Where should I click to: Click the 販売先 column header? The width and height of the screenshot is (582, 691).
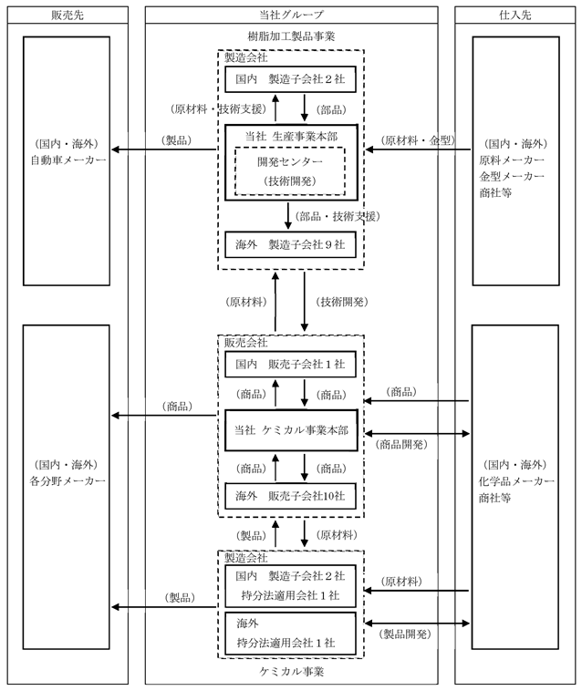click(x=68, y=15)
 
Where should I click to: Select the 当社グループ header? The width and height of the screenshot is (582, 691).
click(x=291, y=15)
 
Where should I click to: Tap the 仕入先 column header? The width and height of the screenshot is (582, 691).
click(x=515, y=15)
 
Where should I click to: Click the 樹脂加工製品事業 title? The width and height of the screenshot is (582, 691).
click(x=291, y=36)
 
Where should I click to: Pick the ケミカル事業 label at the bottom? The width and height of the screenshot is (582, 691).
click(x=291, y=672)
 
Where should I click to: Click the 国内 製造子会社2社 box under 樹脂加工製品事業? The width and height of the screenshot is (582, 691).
click(x=291, y=79)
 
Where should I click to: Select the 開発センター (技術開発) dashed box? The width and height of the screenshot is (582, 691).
click(x=290, y=171)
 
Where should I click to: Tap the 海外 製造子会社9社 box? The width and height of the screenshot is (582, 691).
click(x=291, y=244)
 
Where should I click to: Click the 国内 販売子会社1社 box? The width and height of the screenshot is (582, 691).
click(x=291, y=365)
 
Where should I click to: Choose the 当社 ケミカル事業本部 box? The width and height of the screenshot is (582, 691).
click(x=291, y=430)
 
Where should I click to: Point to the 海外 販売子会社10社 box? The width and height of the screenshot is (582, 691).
click(x=291, y=496)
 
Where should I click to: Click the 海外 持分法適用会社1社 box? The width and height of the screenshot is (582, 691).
click(x=291, y=634)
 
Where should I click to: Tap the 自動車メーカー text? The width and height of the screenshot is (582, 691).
click(x=68, y=160)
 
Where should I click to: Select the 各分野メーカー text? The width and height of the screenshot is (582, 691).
click(x=68, y=480)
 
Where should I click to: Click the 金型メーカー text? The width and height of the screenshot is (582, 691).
click(x=512, y=176)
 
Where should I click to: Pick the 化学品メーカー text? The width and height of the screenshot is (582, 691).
click(x=516, y=481)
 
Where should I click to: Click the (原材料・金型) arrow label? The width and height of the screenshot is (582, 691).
click(x=418, y=140)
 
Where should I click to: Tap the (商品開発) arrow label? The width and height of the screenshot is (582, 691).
click(x=401, y=445)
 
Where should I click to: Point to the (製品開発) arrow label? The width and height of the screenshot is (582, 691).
click(x=405, y=634)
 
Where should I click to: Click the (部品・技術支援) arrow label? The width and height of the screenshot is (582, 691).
click(x=338, y=216)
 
